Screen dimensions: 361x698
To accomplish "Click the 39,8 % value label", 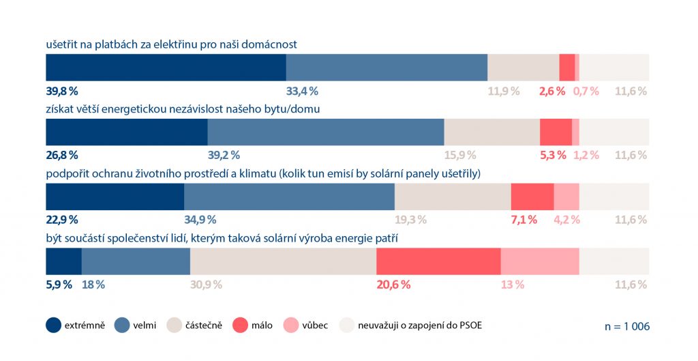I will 62,91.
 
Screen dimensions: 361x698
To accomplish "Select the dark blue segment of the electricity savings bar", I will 166,68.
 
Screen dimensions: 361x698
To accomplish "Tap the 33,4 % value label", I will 302,91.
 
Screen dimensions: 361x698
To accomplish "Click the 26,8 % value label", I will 62,155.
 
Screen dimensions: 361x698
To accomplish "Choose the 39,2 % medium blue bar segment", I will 326,132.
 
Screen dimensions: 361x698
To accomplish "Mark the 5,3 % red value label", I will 553,155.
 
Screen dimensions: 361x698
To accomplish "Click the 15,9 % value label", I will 460,155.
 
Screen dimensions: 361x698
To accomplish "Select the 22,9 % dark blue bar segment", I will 115,197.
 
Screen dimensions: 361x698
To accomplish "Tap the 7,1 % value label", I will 524,220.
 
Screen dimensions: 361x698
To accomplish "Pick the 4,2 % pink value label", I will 566,220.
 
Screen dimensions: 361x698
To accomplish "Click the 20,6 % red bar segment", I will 438,261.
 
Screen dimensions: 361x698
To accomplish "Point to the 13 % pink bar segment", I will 540,261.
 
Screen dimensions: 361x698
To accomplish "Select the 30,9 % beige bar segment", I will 283,261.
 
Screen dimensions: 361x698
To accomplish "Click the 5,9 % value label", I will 59,285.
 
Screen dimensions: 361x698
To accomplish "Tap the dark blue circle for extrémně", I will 54,326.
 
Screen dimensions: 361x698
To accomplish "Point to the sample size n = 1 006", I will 627,326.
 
